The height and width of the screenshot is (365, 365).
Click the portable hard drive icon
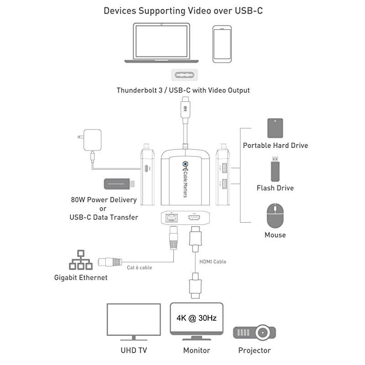coord(275,129)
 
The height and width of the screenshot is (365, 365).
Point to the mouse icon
coord(275,215)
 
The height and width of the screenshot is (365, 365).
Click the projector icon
coord(254,332)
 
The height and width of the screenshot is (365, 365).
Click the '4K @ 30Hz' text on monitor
coord(197,318)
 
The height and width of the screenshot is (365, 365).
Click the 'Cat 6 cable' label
coord(139,267)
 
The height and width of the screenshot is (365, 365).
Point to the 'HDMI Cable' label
coord(213,261)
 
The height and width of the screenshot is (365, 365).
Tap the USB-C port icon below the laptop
coord(183,74)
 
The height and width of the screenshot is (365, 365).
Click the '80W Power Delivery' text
coord(104,199)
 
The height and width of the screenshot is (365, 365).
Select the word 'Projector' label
coord(254,350)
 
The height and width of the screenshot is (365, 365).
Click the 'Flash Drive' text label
coord(275,188)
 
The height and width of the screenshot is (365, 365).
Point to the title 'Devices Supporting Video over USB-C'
coord(183,10)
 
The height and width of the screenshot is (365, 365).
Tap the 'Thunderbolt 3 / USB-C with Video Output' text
coord(183,90)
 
